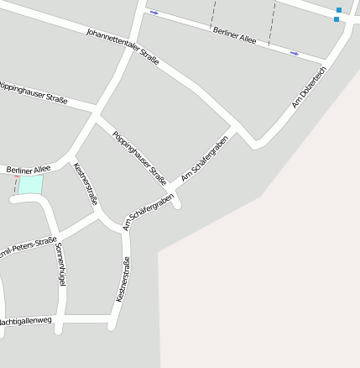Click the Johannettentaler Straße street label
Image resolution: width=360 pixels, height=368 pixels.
[x=123, y=47]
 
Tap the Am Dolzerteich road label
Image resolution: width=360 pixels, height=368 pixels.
[x=309, y=87]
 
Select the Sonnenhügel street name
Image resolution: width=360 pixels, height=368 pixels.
[x=60, y=265]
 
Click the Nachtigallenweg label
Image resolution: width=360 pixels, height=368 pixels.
[x=25, y=321]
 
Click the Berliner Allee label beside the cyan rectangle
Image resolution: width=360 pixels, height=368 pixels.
[x=29, y=170]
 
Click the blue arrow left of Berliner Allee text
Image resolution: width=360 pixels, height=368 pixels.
[x=154, y=13]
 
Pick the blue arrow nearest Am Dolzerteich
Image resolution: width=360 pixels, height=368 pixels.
[x=295, y=53]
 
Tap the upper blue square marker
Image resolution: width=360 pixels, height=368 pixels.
[x=339, y=10]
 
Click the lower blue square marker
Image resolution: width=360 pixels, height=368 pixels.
[x=337, y=18]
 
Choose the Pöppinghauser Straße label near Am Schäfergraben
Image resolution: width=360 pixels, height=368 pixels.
[x=139, y=157]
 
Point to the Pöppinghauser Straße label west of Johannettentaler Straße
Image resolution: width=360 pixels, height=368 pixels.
[x=34, y=92]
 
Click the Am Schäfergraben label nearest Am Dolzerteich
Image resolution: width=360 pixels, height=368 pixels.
[x=205, y=158]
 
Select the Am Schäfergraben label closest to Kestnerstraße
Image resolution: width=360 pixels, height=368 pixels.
[x=149, y=211]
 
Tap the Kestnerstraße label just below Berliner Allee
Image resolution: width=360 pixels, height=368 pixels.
[x=86, y=183]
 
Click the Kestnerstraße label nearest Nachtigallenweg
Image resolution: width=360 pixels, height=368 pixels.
[x=123, y=280]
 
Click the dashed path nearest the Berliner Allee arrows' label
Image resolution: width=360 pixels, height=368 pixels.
[x=212, y=15]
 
